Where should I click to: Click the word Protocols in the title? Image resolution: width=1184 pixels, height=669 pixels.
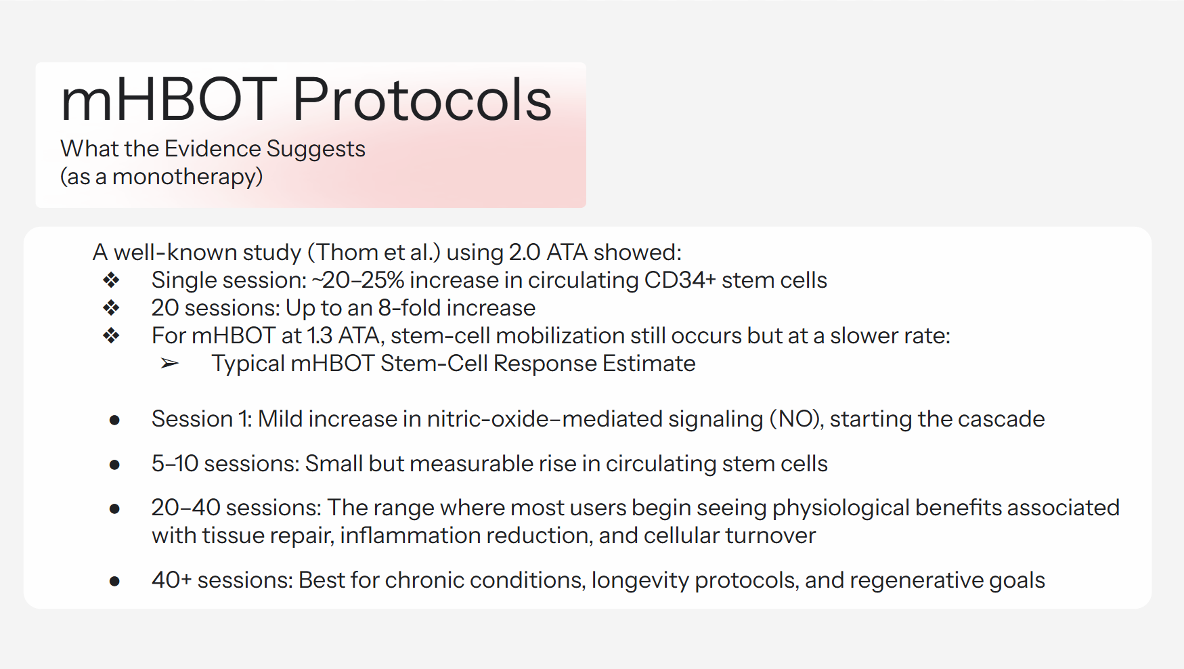(x=422, y=100)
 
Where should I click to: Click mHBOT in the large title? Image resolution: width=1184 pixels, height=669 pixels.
(x=169, y=100)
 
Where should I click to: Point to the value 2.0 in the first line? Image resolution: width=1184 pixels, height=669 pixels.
(x=524, y=253)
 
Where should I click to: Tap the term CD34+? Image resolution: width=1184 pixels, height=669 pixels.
(x=680, y=280)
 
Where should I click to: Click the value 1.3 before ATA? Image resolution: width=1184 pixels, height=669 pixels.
(x=320, y=336)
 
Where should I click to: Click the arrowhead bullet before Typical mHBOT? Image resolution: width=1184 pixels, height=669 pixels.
(x=169, y=364)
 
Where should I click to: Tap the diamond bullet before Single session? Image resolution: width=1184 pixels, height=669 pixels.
(x=111, y=280)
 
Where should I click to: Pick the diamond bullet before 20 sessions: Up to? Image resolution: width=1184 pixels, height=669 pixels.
(x=111, y=308)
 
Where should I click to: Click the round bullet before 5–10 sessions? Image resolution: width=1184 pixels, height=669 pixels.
(x=114, y=465)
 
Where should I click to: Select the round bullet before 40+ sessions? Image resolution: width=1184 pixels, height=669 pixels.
(x=114, y=581)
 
